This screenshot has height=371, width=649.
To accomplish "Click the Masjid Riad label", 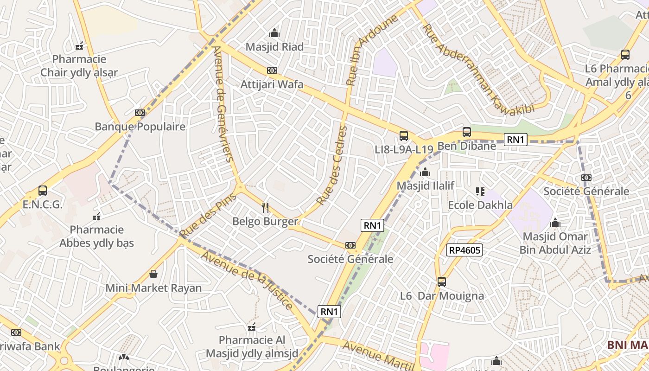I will (274, 47).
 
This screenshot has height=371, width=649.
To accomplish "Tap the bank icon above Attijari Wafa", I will (272, 70).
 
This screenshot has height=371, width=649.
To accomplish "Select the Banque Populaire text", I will (140, 127).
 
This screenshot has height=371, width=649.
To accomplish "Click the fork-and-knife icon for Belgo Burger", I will (265, 207).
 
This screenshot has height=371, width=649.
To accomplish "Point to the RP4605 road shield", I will (465, 250).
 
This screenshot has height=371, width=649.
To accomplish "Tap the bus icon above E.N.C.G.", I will (43, 190).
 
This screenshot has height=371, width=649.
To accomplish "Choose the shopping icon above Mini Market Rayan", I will (153, 274).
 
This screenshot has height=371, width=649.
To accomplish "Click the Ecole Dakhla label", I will (480, 205).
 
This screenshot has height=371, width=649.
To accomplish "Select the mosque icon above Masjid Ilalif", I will (425, 172).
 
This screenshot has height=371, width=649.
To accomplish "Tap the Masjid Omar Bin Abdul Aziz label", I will (555, 243).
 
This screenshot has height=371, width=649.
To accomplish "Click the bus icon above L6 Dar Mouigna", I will (442, 281).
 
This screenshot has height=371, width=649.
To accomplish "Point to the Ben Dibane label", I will (466, 146).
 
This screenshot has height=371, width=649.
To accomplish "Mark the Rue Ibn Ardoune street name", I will (372, 50).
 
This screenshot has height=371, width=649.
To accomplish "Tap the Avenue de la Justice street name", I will (247, 281).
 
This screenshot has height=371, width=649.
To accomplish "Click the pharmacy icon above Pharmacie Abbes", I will (96, 216).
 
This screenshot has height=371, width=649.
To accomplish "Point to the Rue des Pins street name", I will (208, 215).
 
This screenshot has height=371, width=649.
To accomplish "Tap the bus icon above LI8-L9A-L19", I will (404, 136).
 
